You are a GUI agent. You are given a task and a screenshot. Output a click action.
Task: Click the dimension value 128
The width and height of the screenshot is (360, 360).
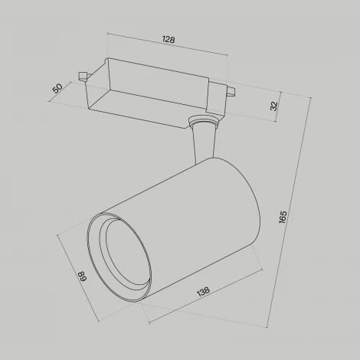[169, 40]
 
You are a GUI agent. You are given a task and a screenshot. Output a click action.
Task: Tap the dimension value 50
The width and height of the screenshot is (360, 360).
[57, 88]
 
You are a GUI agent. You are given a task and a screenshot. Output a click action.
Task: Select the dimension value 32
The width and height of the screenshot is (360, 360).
[273, 106]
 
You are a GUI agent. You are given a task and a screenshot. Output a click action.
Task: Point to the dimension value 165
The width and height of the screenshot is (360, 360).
[283, 218]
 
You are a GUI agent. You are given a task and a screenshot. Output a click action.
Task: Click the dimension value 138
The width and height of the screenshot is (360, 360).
[204, 291]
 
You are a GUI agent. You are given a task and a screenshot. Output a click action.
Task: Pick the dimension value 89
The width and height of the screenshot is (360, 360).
[83, 276]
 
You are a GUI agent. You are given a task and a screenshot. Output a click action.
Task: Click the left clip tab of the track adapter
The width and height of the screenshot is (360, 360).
[83, 76]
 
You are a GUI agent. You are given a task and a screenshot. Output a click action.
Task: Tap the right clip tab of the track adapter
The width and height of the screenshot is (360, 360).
[231, 92]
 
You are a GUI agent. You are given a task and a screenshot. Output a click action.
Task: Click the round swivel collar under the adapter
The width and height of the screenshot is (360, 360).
[204, 120]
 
